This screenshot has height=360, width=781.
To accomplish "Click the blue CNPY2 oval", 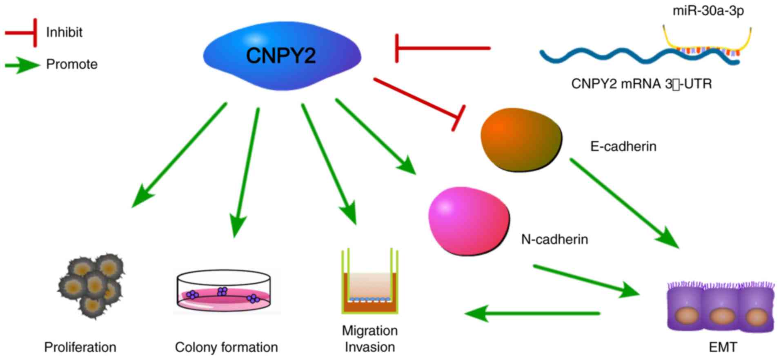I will [282, 56].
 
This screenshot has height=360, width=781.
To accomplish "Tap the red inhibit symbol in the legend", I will [22, 33].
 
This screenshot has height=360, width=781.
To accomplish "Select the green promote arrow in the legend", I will [22, 65].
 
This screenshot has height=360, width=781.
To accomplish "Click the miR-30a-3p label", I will [708, 11].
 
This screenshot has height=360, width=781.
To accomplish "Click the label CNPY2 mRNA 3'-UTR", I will [641, 84].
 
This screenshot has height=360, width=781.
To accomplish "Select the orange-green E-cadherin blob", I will [521, 139].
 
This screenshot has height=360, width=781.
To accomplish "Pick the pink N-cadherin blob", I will [469, 220].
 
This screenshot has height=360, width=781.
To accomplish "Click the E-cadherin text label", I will [623, 147].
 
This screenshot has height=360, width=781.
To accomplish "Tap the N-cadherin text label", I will [554, 239].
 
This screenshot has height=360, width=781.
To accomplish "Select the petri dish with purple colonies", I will [224, 291].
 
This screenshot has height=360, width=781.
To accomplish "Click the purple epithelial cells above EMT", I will [721, 306].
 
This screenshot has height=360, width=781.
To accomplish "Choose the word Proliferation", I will [80, 347].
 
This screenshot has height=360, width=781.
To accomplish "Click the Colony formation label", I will [226, 347].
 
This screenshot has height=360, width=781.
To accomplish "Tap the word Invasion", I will [369, 347].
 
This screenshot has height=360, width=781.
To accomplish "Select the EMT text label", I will [723, 347].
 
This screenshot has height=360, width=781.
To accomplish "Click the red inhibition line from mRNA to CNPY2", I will [443, 48].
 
